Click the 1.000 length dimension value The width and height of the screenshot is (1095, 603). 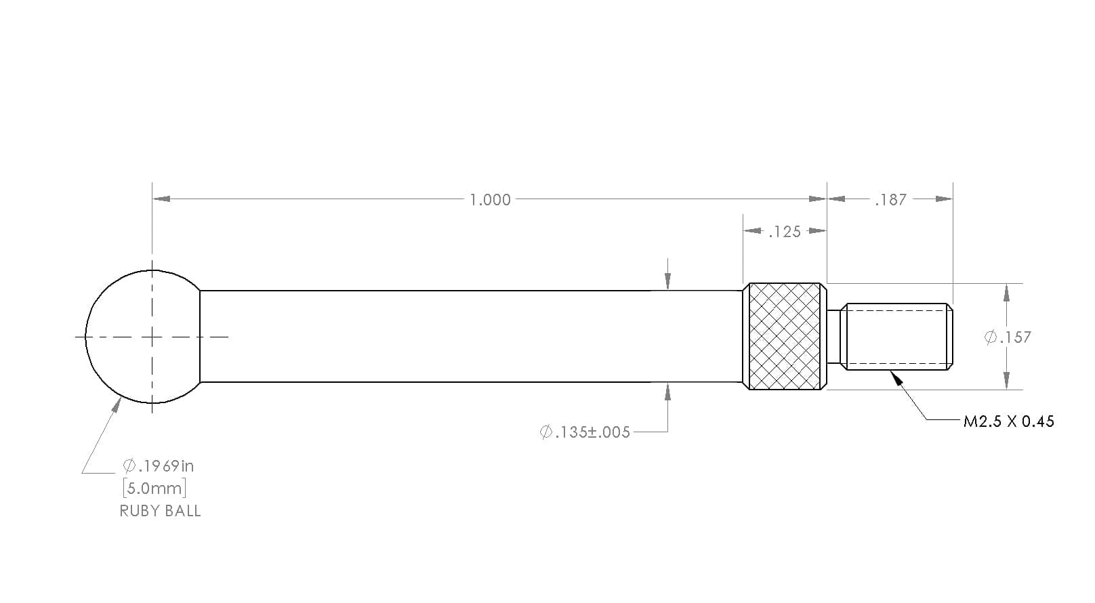pyautogui.click(x=490, y=200)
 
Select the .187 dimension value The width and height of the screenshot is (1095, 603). pyautogui.click(x=890, y=200)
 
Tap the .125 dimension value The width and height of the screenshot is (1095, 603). pyautogui.click(x=785, y=232)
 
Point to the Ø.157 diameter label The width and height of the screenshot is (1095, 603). pyautogui.click(x=1008, y=337)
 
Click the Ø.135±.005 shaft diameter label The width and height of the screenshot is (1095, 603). pyautogui.click(x=585, y=432)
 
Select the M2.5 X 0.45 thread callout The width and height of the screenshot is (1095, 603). pyautogui.click(x=1008, y=421)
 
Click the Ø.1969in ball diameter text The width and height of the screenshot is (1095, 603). pyautogui.click(x=159, y=466)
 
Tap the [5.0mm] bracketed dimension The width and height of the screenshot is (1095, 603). pyautogui.click(x=155, y=488)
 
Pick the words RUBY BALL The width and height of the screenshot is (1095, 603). pyautogui.click(x=161, y=511)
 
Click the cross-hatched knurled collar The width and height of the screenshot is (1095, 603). pyautogui.click(x=785, y=336)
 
